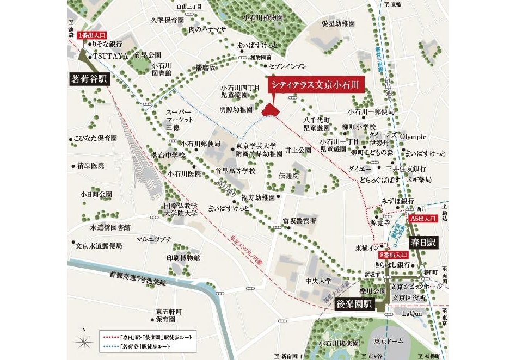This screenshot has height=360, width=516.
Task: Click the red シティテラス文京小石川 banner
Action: tap(316, 85)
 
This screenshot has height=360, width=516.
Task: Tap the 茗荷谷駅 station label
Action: tap(90, 78)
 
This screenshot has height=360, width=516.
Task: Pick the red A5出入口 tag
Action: tap(423, 218)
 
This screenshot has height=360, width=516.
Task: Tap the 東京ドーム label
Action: tap(384, 342)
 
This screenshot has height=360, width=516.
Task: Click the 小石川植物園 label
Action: tap(263, 17)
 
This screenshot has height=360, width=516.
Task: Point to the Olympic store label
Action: tap(413, 137)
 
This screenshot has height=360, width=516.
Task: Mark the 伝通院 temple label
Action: tap(288, 176)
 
